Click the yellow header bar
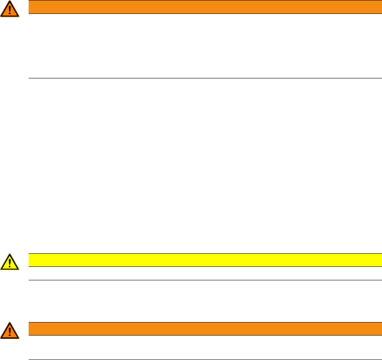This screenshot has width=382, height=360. pos(205,260)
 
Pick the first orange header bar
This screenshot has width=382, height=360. pos(205,7)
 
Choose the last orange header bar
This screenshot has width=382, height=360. pos(205,328)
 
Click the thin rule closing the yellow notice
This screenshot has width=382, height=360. pos(205,280)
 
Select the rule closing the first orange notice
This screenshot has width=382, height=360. pos(205,78)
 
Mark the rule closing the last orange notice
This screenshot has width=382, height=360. pos(205,359)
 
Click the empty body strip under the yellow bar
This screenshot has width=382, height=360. pos(205,273)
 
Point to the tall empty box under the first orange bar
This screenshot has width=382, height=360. pos(205,46)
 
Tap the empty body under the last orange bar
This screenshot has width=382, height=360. pos(205,347)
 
